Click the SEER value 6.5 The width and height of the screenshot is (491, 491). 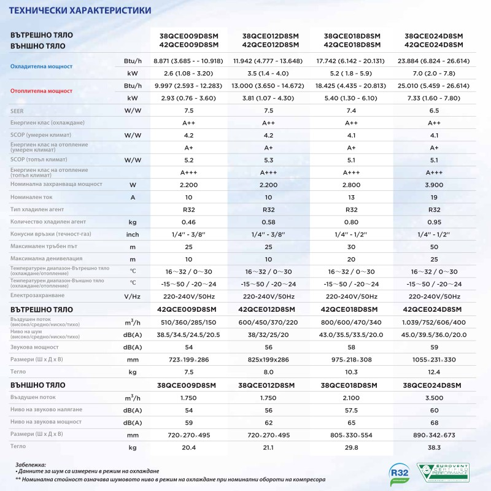click(434, 110)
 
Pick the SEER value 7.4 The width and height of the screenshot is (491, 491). click(352, 110)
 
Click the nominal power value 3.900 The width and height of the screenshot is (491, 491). click(434, 184)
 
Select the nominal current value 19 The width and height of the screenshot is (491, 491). click(434, 197)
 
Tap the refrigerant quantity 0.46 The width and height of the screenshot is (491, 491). click(188, 222)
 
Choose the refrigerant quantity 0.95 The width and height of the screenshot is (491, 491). click(434, 222)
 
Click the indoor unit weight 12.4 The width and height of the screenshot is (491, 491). click(434, 372)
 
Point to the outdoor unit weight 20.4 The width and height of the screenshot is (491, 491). click(188, 447)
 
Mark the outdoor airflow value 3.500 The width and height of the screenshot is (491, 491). click(434, 398)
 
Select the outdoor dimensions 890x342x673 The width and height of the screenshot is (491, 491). click(434, 435)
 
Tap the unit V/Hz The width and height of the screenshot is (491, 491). click(133, 296)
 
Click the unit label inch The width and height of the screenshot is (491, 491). click(133, 234)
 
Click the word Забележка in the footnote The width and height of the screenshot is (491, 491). click(31, 465)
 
